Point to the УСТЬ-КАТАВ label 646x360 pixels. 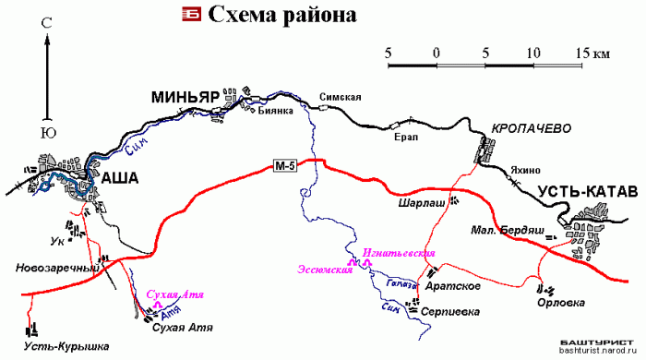(585, 193)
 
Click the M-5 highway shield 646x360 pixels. (286, 165)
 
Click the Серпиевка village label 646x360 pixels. (449, 312)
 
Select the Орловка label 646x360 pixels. (561, 302)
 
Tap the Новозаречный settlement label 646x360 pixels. (56, 268)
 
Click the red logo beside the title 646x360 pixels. (191, 14)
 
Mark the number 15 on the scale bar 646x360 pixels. (580, 52)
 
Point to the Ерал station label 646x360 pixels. (406, 137)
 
